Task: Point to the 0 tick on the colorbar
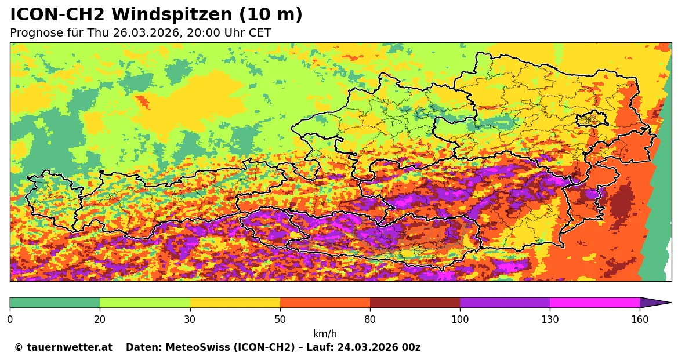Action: tap(10, 319)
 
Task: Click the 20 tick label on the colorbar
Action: tap(100, 319)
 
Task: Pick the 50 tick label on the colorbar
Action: tap(280, 319)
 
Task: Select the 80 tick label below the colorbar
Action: tap(370, 319)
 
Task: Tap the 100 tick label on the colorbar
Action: tap(460, 319)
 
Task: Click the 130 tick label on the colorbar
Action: tap(550, 319)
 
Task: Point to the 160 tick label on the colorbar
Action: tap(640, 319)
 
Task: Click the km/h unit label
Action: tap(325, 334)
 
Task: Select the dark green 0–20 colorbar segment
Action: tap(55, 303)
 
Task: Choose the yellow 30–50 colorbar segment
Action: tap(235, 303)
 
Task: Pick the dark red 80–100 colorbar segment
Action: tap(415, 303)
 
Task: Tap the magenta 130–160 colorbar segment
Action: tap(594, 303)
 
